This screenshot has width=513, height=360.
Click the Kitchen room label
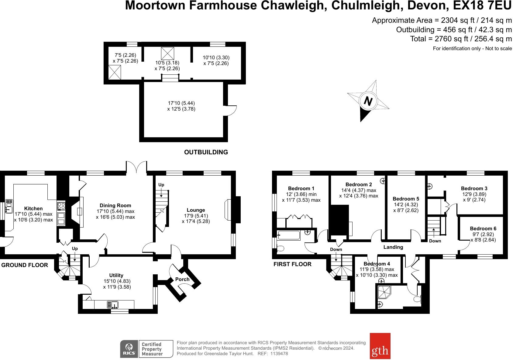(33, 208)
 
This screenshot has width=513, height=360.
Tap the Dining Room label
(115, 206)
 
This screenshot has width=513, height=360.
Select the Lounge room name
(196, 210)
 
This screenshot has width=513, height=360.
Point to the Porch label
(182, 279)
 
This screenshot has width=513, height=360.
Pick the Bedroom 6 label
(483, 228)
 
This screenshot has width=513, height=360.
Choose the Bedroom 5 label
(406, 199)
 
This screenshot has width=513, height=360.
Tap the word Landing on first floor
(393, 247)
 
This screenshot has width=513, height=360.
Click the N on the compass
(368, 101)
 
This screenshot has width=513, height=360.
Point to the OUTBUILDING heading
(206, 152)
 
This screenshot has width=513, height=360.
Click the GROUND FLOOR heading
(25, 265)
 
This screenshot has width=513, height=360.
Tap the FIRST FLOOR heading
(292, 264)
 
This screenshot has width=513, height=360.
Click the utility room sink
(113, 304)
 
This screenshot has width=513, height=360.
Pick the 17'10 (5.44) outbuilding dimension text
(181, 103)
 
